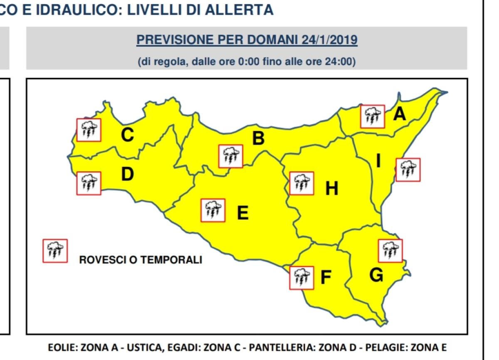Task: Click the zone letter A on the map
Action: pyautogui.click(x=399, y=113)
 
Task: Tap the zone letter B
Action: pyautogui.click(x=258, y=138)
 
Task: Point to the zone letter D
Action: pyautogui.click(x=127, y=174)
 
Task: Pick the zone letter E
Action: pyautogui.click(x=242, y=213)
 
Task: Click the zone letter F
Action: pyautogui.click(x=326, y=277)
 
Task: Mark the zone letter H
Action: pyautogui.click(x=331, y=189)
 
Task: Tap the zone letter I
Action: pyautogui.click(x=378, y=161)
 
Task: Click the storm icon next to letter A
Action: pyautogui.click(x=372, y=116)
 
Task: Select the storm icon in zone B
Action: pyautogui.click(x=231, y=156)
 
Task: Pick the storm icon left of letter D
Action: pyautogui.click(x=89, y=183)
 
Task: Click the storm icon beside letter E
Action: pyautogui.click(x=213, y=210)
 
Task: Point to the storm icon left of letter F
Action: pyautogui.click(x=301, y=277)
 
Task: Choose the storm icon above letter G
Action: pyautogui.click(x=390, y=250)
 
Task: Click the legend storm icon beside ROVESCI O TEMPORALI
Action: pyautogui.click(x=55, y=251)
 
